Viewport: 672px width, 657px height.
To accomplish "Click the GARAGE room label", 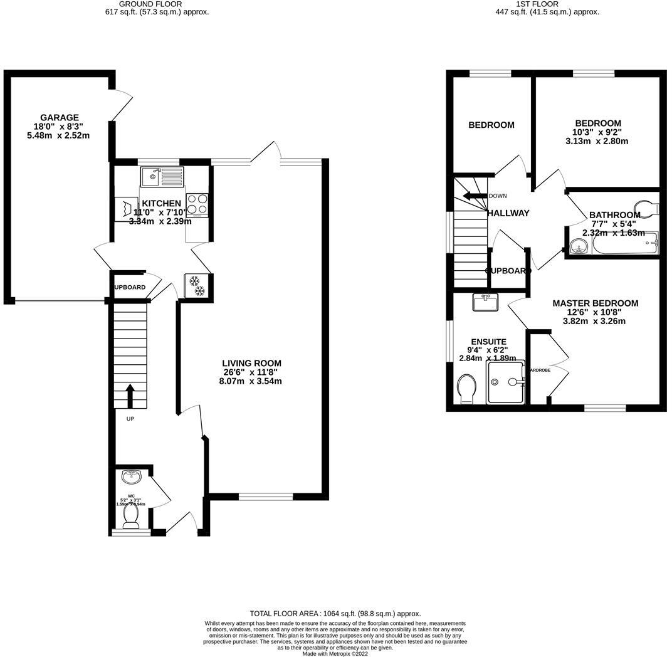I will point(60,117).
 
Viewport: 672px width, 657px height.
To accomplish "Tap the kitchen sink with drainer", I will point(162,177).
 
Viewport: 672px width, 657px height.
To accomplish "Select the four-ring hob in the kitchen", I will point(197,204).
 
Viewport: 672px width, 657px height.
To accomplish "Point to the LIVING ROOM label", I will point(251,363).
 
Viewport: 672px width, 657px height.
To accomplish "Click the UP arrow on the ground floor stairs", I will point(130,395).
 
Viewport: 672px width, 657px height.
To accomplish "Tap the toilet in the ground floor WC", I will point(131,514).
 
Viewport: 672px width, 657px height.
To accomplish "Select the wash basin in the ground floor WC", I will point(131,478).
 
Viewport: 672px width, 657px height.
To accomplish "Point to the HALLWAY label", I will point(508,213).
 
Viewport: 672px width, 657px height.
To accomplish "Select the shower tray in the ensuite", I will point(505,381).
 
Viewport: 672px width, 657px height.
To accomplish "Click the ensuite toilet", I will point(467,388).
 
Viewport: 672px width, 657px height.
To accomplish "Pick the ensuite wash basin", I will point(485,303).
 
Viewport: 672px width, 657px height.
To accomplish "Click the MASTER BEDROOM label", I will point(595,303).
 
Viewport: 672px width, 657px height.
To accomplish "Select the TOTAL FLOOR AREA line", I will point(335,614).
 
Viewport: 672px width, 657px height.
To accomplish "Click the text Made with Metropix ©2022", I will point(335,653).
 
